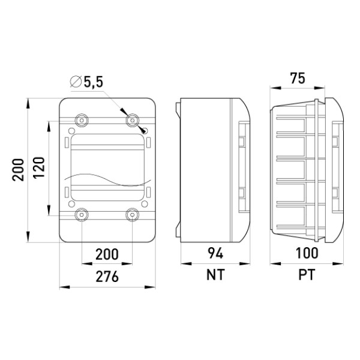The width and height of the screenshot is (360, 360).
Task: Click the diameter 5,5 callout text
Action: [x=86, y=82]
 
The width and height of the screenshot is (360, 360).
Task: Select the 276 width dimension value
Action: [x=107, y=277]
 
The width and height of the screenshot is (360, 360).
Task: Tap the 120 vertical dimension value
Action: [x=38, y=167]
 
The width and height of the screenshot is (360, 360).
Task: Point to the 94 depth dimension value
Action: [x=215, y=253]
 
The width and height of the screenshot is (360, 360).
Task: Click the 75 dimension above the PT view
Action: [x=298, y=78]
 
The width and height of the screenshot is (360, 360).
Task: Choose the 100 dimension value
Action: [x=307, y=253]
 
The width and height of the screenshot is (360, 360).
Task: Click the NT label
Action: [x=215, y=275]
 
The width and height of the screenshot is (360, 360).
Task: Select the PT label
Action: [x=307, y=275]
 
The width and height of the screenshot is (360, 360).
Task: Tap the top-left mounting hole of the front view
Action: [x=82, y=120]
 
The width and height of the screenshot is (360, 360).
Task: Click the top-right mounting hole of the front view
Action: [x=133, y=120]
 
